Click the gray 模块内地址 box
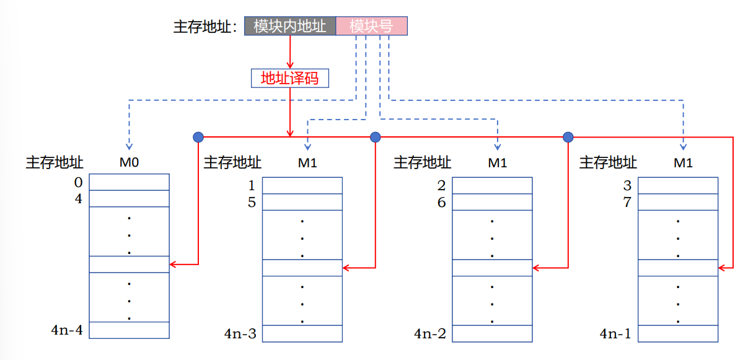(290, 26)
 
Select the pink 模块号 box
(371, 26)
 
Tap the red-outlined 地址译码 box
(289, 78)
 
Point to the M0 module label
(129, 163)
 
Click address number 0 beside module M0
(78, 183)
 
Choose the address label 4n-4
(67, 330)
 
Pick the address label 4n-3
(240, 334)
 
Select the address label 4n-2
(430, 334)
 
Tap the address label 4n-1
(615, 334)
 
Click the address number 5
(252, 203)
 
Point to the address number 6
(441, 203)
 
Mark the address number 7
(627, 203)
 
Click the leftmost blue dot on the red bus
(198, 136)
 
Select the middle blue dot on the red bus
(375, 136)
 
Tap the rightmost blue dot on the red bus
(568, 136)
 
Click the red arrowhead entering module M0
(174, 265)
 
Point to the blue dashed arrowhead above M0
(129, 146)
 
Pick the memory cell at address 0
(129, 182)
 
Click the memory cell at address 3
(678, 186)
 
